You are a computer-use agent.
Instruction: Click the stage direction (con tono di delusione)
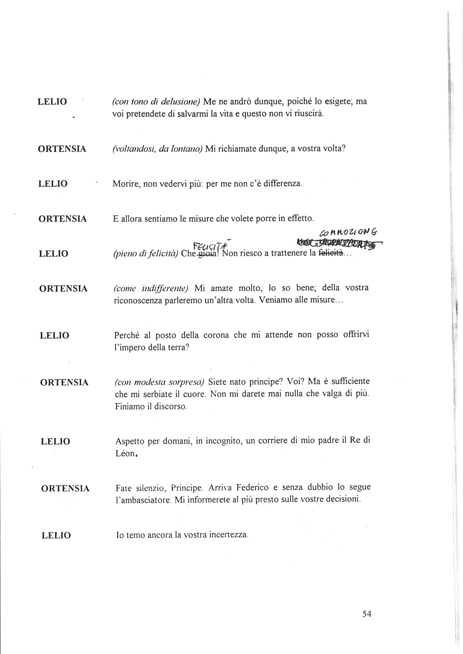click(156, 101)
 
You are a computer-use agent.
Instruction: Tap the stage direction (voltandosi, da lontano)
click(157, 149)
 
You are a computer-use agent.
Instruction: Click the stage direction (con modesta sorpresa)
click(159, 382)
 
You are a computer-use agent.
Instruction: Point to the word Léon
click(125, 454)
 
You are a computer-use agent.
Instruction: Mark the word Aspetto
click(130, 441)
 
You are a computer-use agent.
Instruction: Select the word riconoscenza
click(137, 301)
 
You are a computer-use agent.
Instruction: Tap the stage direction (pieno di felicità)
click(146, 254)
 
